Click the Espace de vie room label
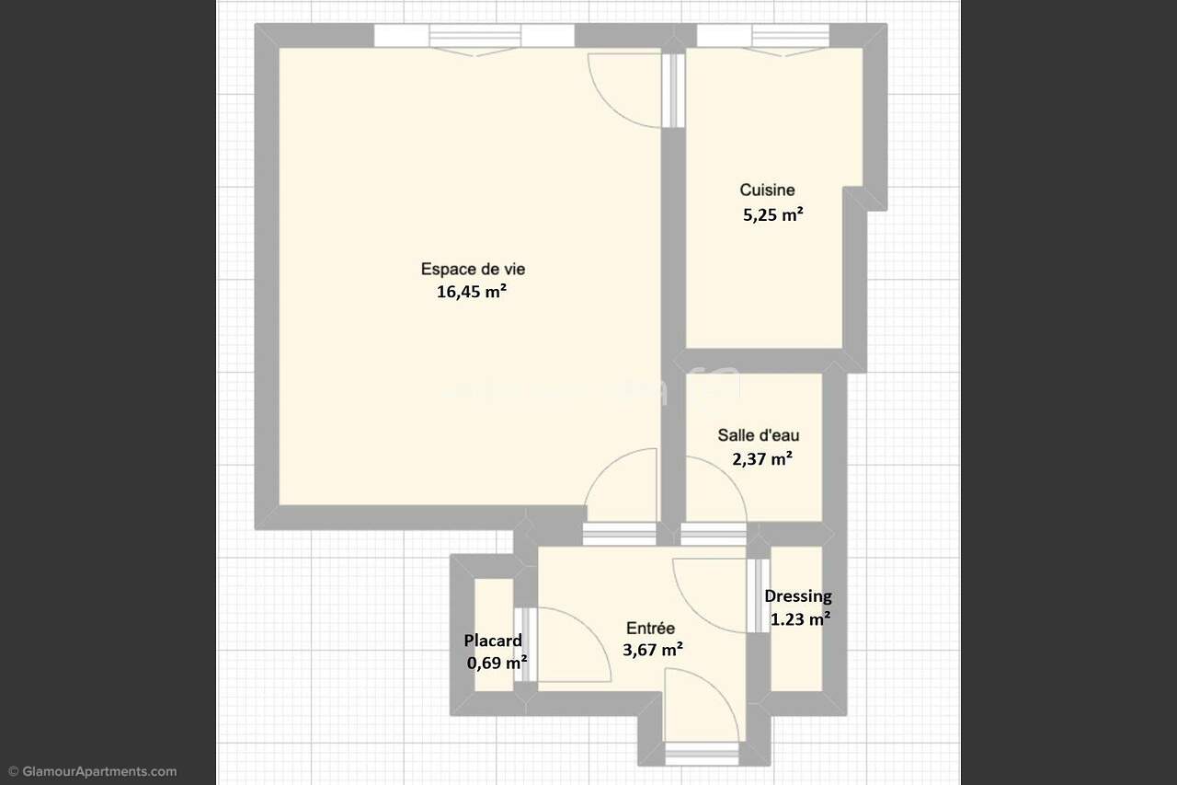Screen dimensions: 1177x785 click(473, 270)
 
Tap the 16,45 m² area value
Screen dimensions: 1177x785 click(472, 292)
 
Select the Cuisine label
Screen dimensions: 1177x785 click(767, 190)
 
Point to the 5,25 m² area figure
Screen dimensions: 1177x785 click(773, 214)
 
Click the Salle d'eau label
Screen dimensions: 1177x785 click(759, 435)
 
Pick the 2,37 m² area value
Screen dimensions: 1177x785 click(762, 459)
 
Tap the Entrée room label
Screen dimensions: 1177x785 click(650, 628)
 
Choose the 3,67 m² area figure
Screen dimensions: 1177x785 click(653, 650)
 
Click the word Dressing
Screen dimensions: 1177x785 click(798, 596)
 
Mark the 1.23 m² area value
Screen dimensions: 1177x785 click(800, 618)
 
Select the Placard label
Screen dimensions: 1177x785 click(493, 641)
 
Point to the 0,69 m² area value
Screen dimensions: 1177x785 click(497, 663)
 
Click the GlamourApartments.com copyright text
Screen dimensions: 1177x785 click(93, 771)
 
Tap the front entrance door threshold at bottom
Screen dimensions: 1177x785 click(702, 754)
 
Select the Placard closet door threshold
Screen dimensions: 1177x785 click(525, 644)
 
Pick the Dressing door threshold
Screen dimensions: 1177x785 click(759, 595)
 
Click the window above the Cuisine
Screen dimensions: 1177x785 click(763, 36)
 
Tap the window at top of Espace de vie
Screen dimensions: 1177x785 click(474, 36)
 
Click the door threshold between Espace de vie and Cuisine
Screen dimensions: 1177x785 click(673, 90)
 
